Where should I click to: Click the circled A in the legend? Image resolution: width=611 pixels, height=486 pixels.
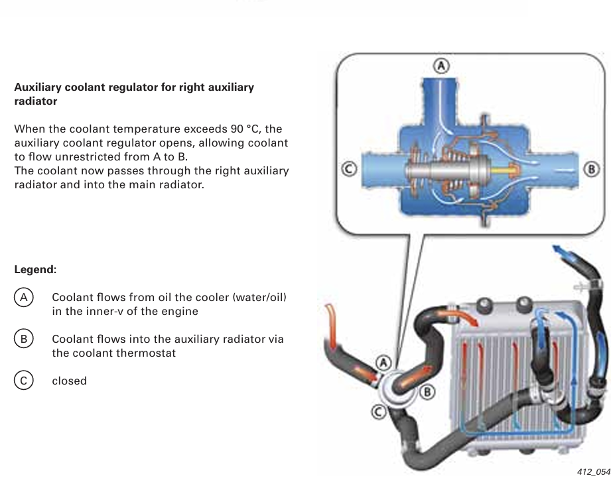24,298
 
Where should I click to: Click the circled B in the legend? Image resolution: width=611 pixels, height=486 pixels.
24,339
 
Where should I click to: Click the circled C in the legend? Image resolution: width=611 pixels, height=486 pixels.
24,381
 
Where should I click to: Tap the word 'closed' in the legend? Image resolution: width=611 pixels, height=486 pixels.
70,381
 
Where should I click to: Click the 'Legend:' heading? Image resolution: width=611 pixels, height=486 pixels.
35,269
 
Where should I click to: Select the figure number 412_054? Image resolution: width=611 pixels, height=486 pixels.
594,472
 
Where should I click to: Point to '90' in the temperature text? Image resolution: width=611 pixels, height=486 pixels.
237,129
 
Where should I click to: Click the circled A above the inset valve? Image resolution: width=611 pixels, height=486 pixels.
441,66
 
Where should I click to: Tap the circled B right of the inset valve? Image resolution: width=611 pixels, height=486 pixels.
591,169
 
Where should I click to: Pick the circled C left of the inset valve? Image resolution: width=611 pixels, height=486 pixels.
349,169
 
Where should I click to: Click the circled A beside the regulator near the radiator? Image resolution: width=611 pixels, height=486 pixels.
384,363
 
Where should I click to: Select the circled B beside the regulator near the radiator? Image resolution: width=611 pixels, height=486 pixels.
427,392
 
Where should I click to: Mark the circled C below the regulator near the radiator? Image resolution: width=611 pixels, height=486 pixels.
379,412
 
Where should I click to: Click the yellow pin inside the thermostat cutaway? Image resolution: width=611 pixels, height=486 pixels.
500,170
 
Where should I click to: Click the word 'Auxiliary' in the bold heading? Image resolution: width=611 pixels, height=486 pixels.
38,88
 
